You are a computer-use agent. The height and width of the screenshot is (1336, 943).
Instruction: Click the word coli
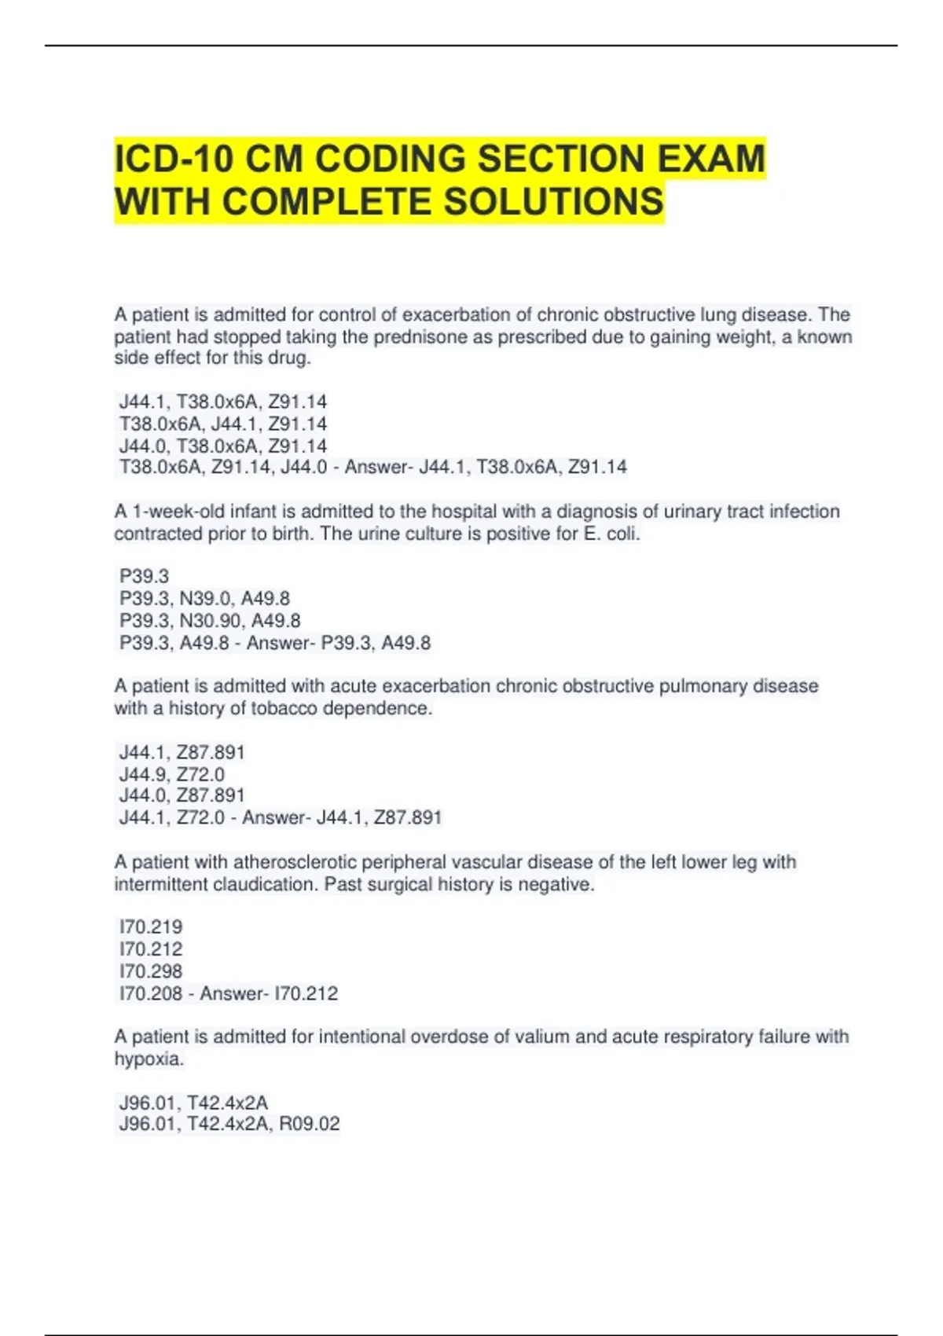pos(624,534)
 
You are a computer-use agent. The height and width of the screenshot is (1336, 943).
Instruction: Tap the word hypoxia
pos(148,1059)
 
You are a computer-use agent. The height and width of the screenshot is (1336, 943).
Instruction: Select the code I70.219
pos(151,927)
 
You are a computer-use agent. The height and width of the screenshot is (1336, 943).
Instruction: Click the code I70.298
pos(151,971)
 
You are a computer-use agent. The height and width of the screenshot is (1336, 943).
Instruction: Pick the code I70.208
pos(151,994)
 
